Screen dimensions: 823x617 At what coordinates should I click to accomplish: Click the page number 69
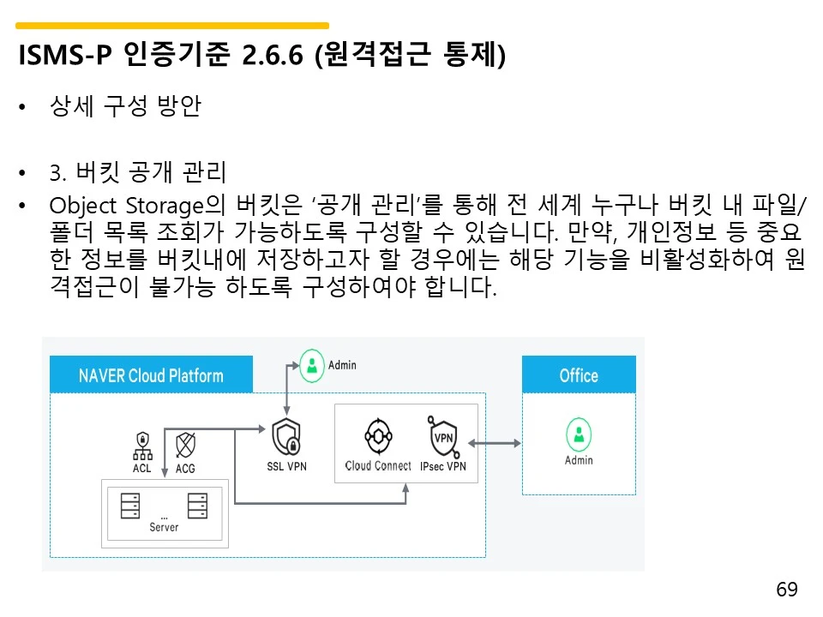(x=786, y=590)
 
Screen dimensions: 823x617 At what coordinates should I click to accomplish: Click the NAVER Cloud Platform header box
(x=151, y=375)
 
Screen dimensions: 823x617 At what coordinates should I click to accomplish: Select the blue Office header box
(x=579, y=375)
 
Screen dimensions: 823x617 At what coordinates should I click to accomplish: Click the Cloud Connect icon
(x=377, y=436)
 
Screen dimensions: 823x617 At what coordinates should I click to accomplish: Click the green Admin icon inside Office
(x=579, y=434)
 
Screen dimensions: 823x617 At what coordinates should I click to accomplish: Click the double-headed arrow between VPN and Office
(x=495, y=443)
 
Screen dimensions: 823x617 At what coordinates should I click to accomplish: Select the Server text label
(x=164, y=527)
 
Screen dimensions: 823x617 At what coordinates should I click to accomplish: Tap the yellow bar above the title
(x=172, y=26)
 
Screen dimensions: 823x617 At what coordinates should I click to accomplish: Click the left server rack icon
(x=130, y=506)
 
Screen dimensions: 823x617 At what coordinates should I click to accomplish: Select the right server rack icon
(x=198, y=506)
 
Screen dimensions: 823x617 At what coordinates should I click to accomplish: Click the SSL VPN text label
(x=286, y=466)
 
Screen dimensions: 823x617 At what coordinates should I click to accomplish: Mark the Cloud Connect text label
(x=378, y=466)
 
